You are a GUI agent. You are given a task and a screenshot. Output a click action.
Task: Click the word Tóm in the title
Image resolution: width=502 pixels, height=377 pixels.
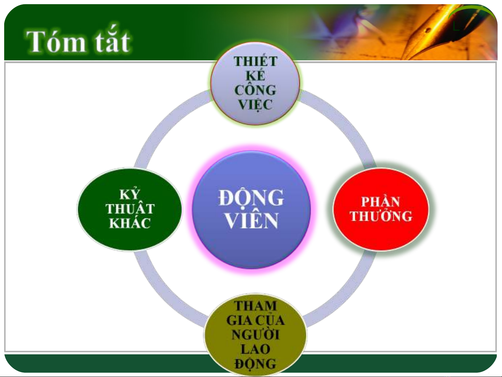tap(56, 42)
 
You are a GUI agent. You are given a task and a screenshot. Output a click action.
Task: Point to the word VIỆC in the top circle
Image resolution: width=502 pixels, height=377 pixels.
tap(255, 105)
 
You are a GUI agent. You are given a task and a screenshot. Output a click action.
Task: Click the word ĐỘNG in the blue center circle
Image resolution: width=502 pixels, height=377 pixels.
tap(251, 198)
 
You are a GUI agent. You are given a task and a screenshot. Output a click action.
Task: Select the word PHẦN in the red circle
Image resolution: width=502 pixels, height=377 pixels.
tap(380, 201)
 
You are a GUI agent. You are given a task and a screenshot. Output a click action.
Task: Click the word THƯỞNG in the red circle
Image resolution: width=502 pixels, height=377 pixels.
tap(381, 215)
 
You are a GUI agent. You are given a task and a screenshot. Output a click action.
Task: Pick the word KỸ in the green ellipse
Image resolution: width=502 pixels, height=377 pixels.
tap(130, 194)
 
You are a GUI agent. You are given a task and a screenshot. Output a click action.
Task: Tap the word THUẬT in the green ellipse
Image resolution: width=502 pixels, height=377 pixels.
tap(130, 208)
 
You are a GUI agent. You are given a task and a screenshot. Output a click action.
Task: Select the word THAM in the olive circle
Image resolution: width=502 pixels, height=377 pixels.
tap(255, 306)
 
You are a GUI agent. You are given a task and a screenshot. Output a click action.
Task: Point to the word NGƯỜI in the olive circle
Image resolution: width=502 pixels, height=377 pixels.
tap(255, 334)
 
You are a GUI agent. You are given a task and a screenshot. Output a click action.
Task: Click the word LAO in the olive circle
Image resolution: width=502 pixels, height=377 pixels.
tap(255, 349)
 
